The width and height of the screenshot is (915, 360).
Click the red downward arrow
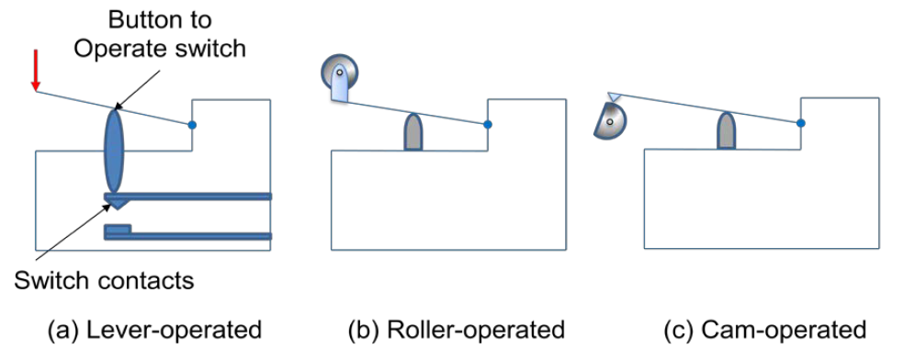coord(36,71)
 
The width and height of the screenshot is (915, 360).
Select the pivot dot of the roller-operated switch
coord(488,124)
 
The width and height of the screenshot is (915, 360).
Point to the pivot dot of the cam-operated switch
coord(801,122)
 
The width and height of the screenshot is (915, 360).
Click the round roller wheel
coord(339,73)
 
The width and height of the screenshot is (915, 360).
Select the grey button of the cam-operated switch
coord(726,130)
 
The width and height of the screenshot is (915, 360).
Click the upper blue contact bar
coord(187,197)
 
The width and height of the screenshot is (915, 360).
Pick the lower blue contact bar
coord(187,234)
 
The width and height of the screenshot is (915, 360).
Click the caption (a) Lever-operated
coord(154,331)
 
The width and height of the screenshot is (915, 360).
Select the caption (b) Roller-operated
coord(457,331)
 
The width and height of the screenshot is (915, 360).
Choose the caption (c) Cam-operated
coord(764,331)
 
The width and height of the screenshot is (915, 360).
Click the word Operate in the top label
coord(113,49)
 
